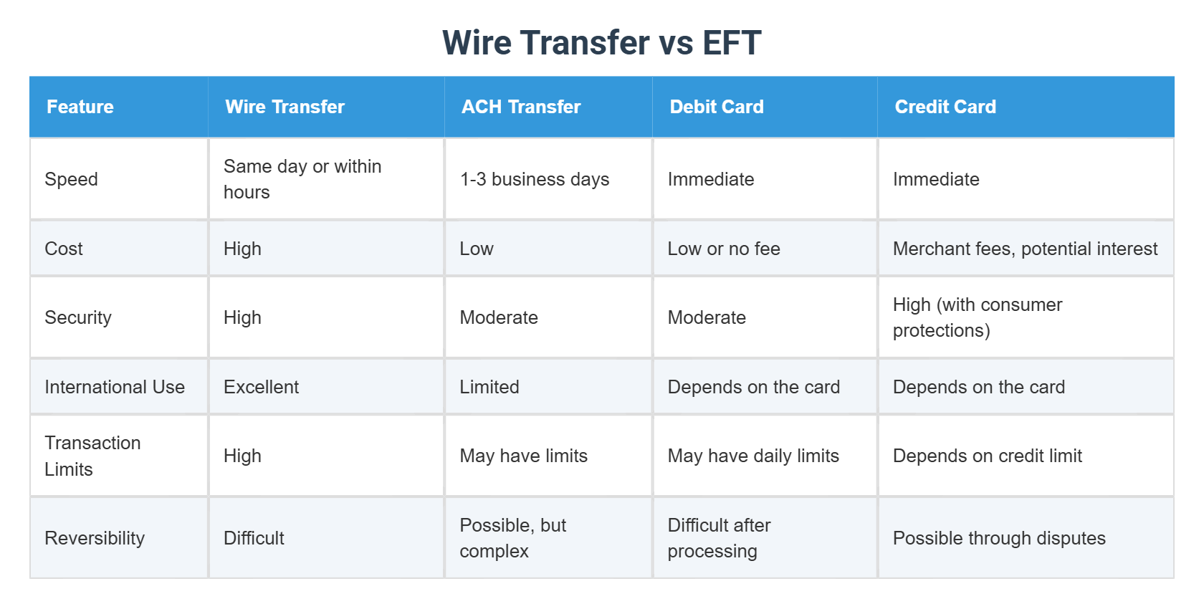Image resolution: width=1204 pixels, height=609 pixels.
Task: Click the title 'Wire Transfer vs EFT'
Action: click(x=601, y=42)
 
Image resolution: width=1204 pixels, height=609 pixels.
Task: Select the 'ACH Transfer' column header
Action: click(x=521, y=107)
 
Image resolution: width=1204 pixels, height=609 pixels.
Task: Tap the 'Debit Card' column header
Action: click(x=717, y=107)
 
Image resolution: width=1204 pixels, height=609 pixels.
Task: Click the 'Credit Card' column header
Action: click(x=945, y=107)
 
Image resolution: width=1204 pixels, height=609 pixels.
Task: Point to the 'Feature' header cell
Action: click(x=80, y=107)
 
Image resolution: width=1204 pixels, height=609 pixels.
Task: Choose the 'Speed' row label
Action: click(x=71, y=179)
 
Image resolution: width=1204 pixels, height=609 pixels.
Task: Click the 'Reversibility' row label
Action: click(x=95, y=538)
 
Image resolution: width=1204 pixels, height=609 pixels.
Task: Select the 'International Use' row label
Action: click(x=115, y=387)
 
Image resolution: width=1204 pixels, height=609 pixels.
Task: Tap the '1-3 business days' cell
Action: click(x=535, y=179)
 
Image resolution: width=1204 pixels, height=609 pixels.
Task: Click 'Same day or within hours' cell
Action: click(x=302, y=179)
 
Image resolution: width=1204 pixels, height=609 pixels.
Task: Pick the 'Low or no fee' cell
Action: click(x=724, y=249)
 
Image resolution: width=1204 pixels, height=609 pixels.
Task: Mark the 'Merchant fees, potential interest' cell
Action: click(x=1025, y=249)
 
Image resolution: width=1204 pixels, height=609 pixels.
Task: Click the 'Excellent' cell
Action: click(x=261, y=387)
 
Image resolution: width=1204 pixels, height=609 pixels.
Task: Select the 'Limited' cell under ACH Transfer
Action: click(x=489, y=387)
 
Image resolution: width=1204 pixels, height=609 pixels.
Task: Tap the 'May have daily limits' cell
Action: click(x=753, y=456)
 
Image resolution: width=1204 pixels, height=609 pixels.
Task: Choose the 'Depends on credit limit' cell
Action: click(x=988, y=456)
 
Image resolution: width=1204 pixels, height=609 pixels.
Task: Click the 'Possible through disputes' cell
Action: click(x=999, y=538)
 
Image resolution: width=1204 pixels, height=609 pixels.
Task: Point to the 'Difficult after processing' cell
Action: click(x=719, y=538)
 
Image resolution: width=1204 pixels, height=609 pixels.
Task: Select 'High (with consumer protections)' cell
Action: click(x=978, y=317)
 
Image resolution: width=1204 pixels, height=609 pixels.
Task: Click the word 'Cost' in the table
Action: click(x=64, y=249)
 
